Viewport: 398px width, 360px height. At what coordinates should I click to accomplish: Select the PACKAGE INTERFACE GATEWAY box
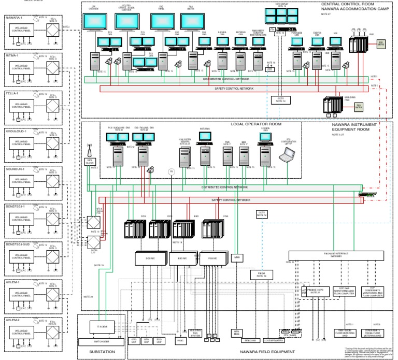tap(336, 255)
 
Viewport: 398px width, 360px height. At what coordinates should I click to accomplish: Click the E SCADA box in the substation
tap(102, 327)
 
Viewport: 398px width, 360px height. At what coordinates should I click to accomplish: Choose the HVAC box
tap(181, 341)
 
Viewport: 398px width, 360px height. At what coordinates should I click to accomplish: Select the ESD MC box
tap(181, 257)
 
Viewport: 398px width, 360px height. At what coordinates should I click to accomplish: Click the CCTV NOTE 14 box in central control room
tap(281, 99)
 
